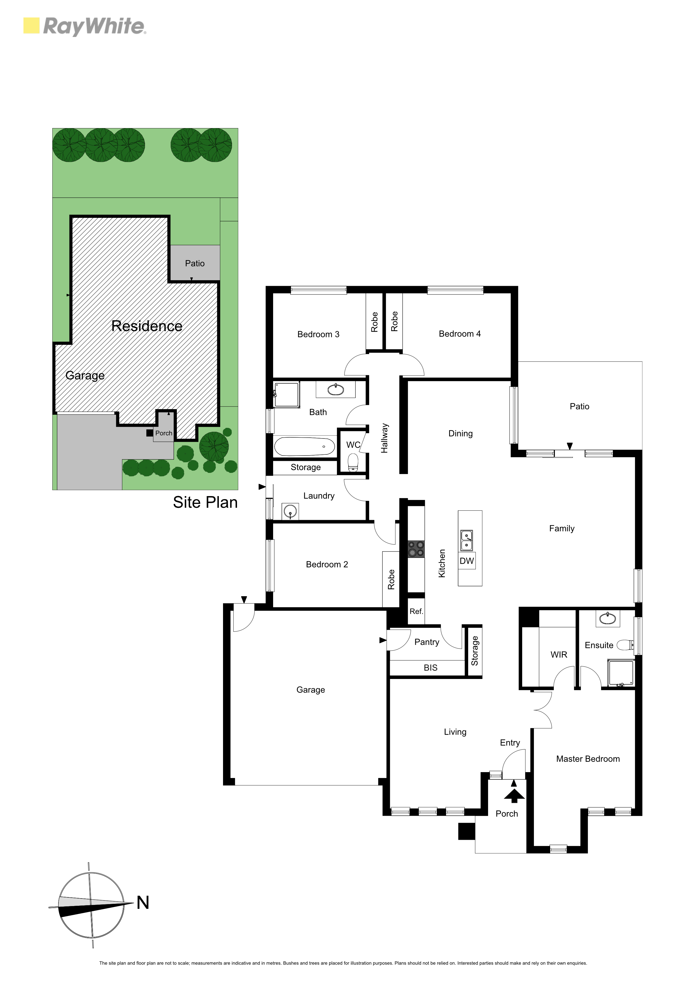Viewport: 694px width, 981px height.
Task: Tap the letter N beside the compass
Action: tap(143, 903)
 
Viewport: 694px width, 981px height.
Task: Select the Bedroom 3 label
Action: tap(318, 334)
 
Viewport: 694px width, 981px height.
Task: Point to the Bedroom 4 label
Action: tap(460, 334)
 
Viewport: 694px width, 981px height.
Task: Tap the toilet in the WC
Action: tap(353, 462)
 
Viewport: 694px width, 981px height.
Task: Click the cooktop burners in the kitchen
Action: tap(416, 549)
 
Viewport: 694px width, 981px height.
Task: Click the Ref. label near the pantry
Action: tap(416, 611)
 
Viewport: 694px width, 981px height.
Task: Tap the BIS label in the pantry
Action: tap(431, 668)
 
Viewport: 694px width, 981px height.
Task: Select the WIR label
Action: tap(559, 655)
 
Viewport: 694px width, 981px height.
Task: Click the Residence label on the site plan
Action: tap(147, 326)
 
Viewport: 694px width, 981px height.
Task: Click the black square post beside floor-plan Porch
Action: tap(466, 831)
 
